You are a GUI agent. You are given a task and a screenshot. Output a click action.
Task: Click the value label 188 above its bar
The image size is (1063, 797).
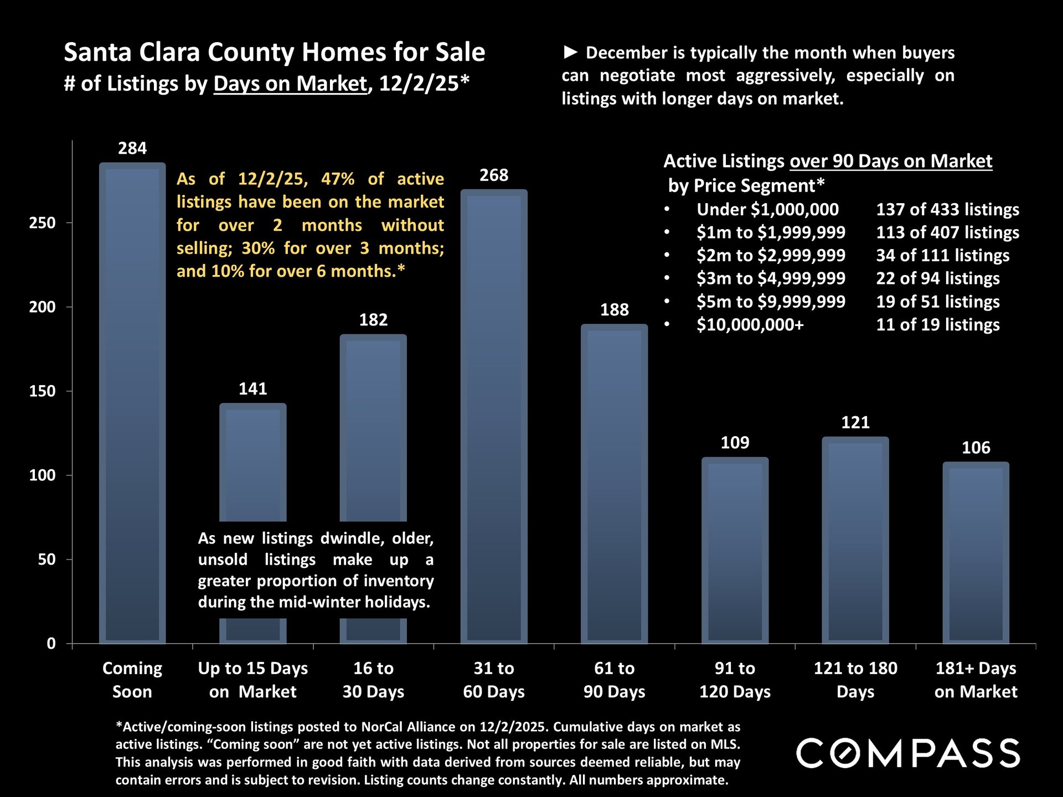[614, 310]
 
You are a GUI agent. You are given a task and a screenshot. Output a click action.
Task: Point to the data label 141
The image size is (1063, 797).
[252, 389]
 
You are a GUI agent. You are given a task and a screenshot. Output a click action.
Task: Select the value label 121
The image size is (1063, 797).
[855, 423]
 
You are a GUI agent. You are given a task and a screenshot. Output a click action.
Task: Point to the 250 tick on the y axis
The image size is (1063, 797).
[43, 223]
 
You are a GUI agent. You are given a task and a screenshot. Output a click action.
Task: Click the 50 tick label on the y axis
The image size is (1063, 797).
[47, 560]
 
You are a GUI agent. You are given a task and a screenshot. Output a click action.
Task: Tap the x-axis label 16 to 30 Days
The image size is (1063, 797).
[373, 680]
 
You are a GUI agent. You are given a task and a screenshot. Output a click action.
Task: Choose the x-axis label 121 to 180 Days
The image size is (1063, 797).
[855, 680]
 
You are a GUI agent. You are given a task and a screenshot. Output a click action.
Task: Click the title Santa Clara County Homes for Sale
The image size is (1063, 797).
[274, 53]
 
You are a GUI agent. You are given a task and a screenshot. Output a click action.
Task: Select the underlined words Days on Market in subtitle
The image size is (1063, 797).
[290, 84]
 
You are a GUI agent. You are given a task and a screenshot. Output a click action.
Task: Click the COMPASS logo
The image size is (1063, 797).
[908, 753]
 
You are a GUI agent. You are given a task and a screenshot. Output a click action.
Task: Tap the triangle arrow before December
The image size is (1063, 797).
[570, 53]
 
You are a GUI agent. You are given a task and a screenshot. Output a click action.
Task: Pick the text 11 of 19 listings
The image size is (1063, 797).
[937, 325]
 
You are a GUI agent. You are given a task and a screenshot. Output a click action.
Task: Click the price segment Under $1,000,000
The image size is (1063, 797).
[767, 210]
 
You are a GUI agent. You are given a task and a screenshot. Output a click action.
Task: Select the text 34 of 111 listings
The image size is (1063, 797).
[942, 256]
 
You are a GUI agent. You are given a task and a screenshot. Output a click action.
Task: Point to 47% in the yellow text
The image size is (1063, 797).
[337, 179]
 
